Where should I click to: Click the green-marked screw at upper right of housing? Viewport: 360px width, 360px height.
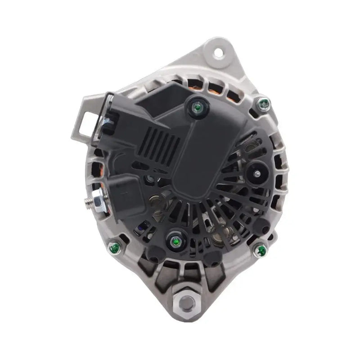point(264,104)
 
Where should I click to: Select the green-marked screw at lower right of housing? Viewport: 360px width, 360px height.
point(260,250)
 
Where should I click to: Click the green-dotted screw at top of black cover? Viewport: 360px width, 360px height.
point(197,107)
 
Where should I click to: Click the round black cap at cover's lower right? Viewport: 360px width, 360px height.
point(261,228)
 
